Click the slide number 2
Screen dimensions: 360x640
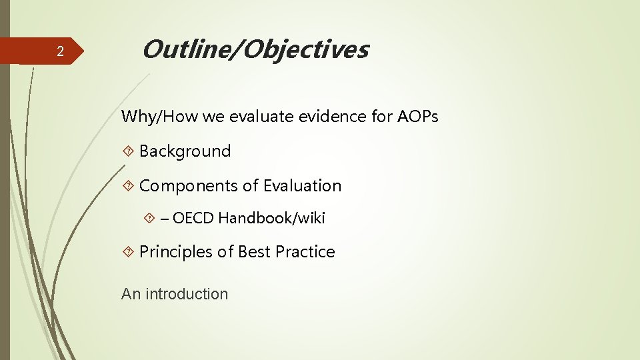(60, 52)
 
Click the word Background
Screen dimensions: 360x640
(185, 151)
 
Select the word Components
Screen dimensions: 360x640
(190, 186)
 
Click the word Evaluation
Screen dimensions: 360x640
(302, 186)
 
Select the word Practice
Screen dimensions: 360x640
(305, 252)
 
